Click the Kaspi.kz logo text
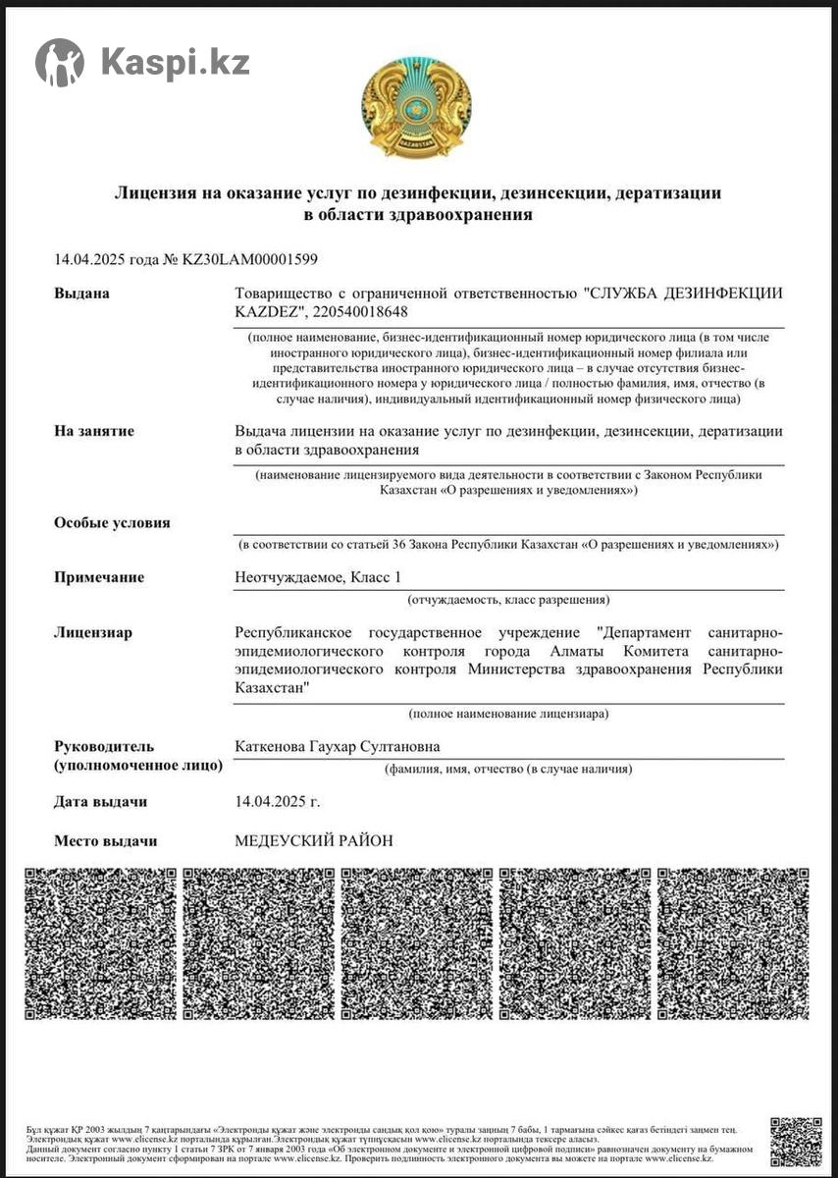pos(175,63)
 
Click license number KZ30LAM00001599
pos(249,259)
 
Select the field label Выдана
pos(81,294)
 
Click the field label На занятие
pos(94,431)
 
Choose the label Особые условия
pos(112,522)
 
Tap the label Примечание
pos(99,577)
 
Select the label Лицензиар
pos(93,632)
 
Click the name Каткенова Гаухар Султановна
pos(338,746)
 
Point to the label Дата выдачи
pos(100,801)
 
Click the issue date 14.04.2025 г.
pos(278,801)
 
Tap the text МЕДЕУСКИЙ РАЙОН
pos(314,840)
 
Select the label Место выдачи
pos(105,840)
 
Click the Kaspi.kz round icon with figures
pos(60,63)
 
